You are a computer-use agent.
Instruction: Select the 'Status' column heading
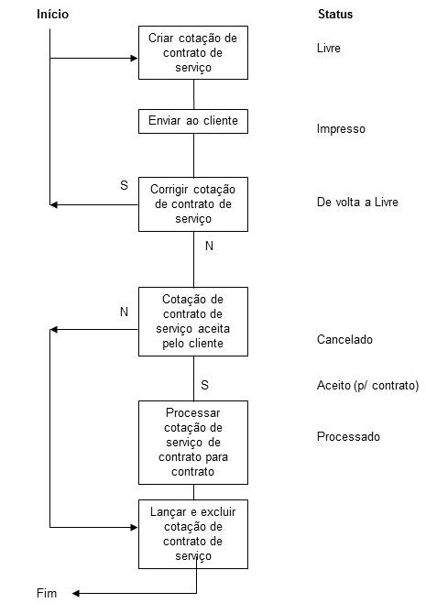coord(335,15)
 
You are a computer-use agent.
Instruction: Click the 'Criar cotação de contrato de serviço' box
coord(192,52)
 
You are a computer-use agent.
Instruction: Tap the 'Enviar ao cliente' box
coord(192,121)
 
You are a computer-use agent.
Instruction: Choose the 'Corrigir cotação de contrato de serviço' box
coord(192,203)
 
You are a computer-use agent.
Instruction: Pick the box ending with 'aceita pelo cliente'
coord(192,321)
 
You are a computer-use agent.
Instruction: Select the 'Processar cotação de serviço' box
coord(192,442)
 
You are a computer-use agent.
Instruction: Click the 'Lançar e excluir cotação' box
coord(192,533)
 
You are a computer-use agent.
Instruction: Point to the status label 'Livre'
coord(329,47)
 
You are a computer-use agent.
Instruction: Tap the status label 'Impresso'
coord(341,129)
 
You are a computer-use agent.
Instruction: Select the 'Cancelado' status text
coord(344,339)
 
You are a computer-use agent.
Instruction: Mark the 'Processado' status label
coord(348,437)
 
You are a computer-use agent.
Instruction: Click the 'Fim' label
coord(47,593)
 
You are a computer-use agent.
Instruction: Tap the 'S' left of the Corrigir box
coord(124,185)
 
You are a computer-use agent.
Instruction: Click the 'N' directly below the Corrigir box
coord(209,247)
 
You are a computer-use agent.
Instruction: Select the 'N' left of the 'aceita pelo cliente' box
coord(124,312)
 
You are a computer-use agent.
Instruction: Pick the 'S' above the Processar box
coord(204,385)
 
